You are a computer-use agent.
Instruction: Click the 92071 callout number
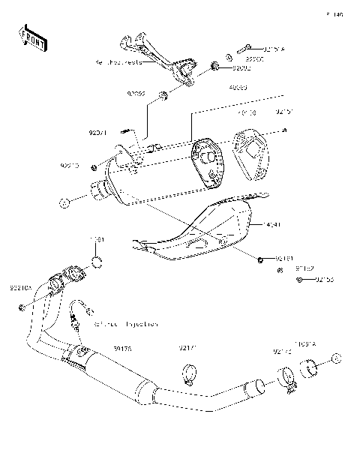[98, 133]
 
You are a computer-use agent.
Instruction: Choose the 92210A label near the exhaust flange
[21, 286]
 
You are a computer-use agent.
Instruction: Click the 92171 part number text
[187, 347]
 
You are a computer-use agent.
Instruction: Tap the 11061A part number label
[305, 343]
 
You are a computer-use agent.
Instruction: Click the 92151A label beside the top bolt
[274, 50]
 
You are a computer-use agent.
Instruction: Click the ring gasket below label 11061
[97, 262]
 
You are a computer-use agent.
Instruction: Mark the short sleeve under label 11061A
[310, 368]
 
